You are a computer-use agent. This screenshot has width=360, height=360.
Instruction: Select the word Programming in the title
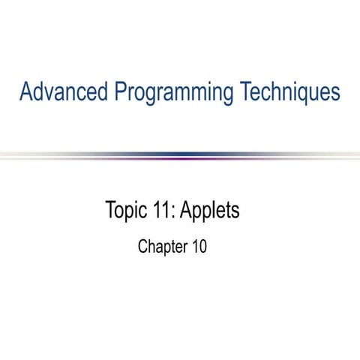[174, 94]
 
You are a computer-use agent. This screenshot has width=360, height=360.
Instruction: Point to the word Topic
[126, 211]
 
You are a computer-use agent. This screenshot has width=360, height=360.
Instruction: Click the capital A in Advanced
[26, 92]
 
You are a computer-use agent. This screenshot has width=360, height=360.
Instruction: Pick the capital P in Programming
[121, 92]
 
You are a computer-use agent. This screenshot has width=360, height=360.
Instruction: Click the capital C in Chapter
[143, 245]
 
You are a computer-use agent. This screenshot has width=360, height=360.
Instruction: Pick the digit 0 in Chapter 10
[203, 245]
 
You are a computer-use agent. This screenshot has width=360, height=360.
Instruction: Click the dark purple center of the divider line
[180, 156]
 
